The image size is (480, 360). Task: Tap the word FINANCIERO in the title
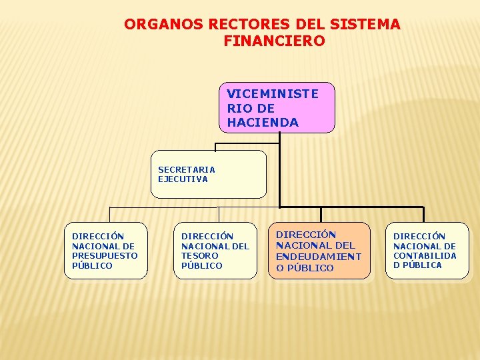click(x=274, y=41)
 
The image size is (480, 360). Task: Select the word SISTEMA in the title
click(x=369, y=25)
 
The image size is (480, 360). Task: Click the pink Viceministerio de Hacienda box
click(x=277, y=107)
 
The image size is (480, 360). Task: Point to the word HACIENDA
click(x=263, y=123)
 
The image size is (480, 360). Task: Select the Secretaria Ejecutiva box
click(x=208, y=174)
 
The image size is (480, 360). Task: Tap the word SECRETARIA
click(x=187, y=169)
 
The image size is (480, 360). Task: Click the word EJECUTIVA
click(x=183, y=179)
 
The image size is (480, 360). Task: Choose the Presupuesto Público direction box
click(x=105, y=250)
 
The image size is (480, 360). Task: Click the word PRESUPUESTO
click(x=105, y=255)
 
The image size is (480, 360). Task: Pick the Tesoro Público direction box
click(x=215, y=250)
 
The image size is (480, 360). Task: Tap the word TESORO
click(x=200, y=255)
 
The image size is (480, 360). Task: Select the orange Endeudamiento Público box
click(x=319, y=251)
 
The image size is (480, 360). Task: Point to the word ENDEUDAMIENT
click(x=319, y=256)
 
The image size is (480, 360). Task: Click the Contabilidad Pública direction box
click(x=427, y=250)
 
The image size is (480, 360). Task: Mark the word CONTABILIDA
click(x=425, y=255)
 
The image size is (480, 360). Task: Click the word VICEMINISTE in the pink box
click(x=273, y=93)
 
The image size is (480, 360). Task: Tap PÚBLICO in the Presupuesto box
click(x=92, y=265)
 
